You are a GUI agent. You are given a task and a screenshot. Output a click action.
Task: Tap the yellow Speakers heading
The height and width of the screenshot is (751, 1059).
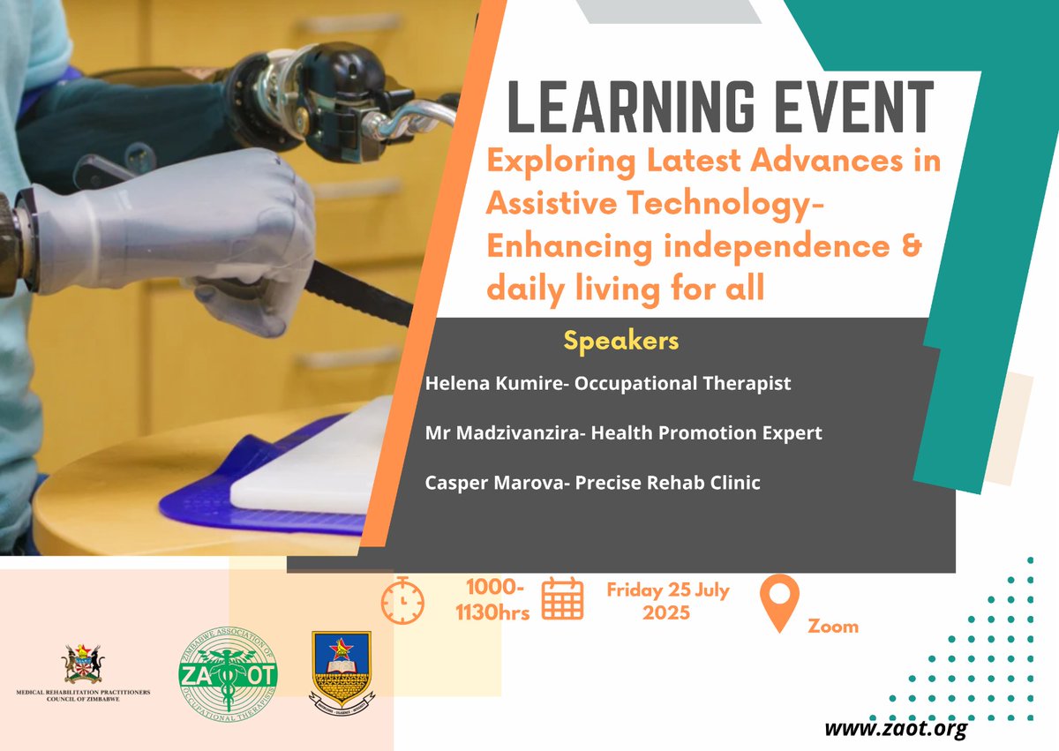621,341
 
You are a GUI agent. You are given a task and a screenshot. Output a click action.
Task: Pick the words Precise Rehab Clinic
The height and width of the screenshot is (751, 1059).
653,483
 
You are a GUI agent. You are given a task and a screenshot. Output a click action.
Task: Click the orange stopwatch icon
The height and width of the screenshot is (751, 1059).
402,601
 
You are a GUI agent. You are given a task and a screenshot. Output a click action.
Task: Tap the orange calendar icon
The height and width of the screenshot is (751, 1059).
562,598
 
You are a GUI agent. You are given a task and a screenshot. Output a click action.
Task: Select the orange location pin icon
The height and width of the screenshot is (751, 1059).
779,603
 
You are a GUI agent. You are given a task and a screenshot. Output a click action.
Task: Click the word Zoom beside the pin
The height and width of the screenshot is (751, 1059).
832,627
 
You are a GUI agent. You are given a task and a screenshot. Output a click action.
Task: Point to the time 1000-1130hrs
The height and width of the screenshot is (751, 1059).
499,601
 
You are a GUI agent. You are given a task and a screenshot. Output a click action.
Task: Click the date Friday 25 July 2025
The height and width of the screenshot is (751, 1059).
667,601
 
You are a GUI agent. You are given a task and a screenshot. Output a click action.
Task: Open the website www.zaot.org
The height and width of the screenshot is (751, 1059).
895,729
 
